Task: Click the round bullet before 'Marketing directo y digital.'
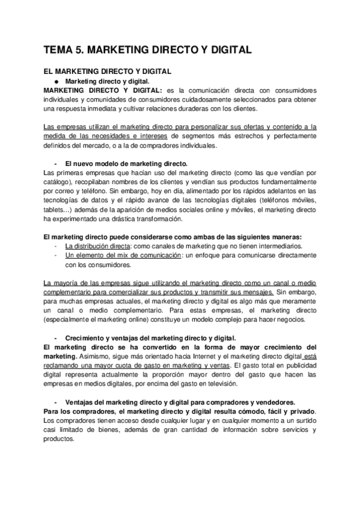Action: pos(56,80)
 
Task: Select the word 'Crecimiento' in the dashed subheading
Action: pos(85,338)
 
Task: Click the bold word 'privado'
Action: pos(303,411)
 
